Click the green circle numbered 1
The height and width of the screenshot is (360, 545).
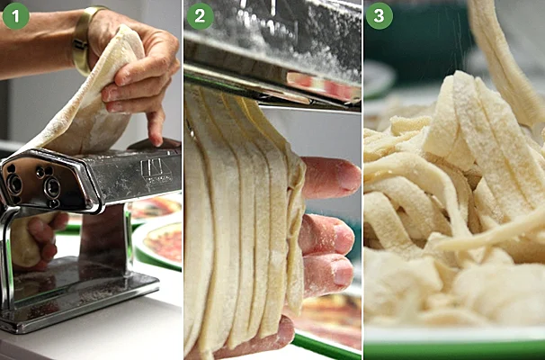click(x=15, y=15)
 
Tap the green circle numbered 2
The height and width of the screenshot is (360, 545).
click(x=200, y=16)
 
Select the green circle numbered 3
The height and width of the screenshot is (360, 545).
click(x=380, y=16)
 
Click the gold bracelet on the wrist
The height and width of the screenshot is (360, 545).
click(x=84, y=40)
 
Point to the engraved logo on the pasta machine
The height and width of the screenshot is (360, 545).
click(x=156, y=171)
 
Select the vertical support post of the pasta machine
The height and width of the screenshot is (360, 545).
click(x=103, y=240)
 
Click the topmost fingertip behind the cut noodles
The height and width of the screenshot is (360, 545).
click(x=330, y=177)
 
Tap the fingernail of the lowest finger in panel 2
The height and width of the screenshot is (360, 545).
click(x=343, y=273)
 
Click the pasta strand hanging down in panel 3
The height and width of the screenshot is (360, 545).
click(x=504, y=63)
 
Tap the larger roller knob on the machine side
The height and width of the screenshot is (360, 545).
click(x=52, y=187)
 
